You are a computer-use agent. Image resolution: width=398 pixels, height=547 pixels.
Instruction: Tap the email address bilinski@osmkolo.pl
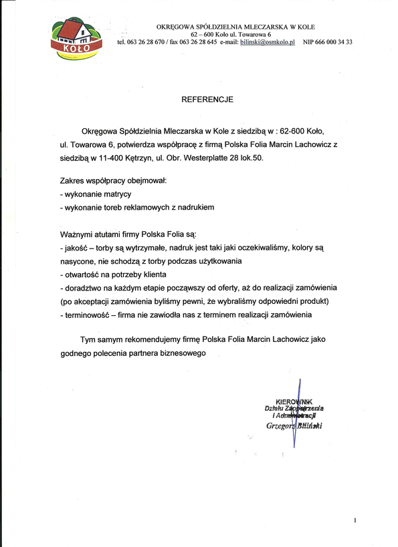click(268, 41)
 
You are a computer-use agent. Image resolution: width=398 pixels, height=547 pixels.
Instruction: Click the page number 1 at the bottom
click(355, 520)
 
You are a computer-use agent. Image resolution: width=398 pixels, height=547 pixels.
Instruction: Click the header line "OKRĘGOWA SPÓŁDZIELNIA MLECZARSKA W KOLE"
click(235, 27)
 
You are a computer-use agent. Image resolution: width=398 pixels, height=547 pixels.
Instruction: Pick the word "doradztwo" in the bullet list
click(82, 287)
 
